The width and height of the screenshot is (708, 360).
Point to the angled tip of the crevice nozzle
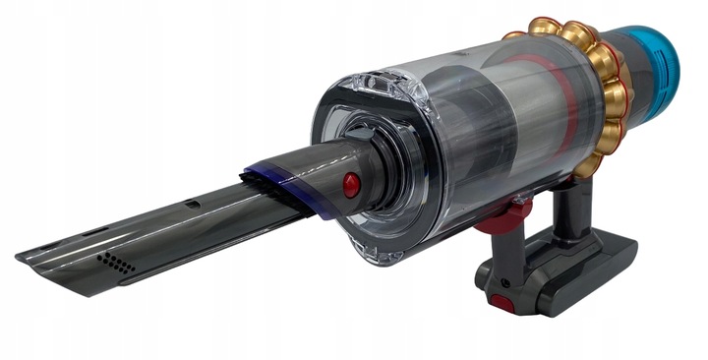[39, 259]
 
